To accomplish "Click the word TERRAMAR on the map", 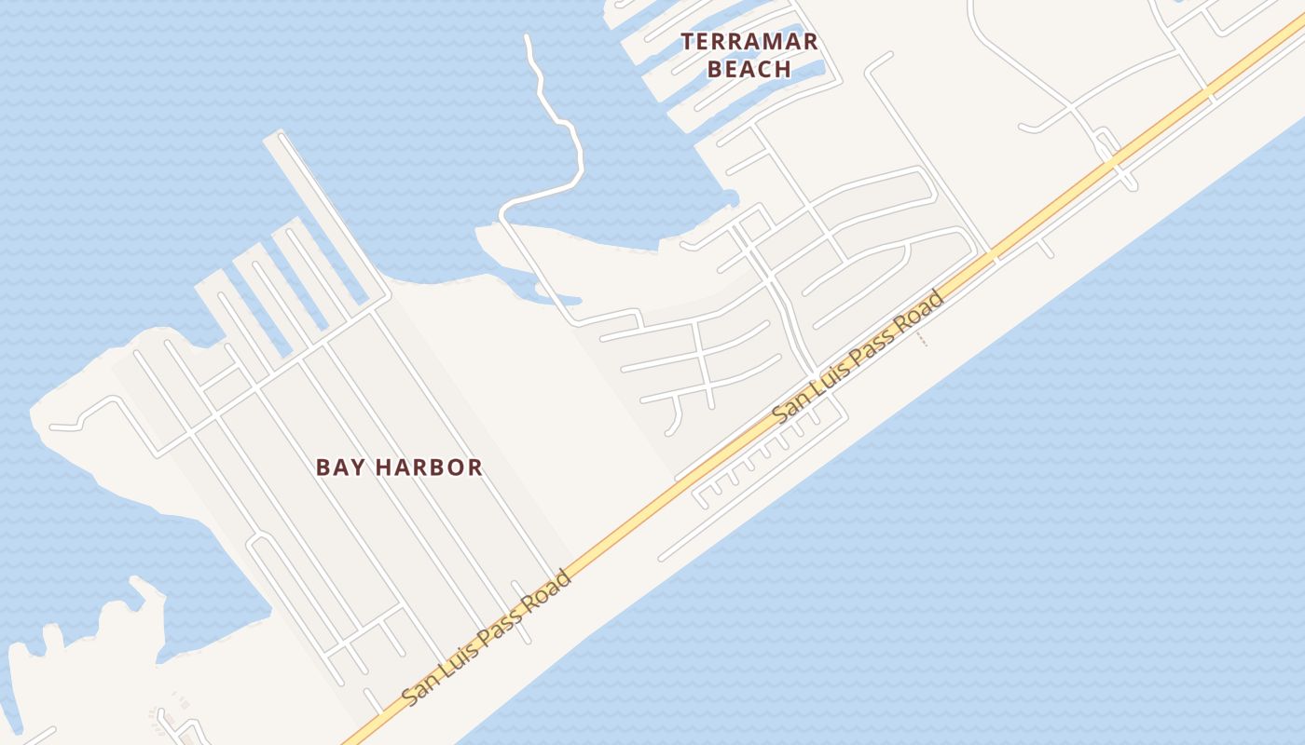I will (749, 42).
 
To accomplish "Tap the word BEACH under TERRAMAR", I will (749, 69).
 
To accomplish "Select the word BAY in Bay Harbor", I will (337, 467).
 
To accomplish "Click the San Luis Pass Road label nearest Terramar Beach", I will (859, 357).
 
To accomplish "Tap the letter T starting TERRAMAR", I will (688, 42).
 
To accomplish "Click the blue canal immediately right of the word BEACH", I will (809, 69).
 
